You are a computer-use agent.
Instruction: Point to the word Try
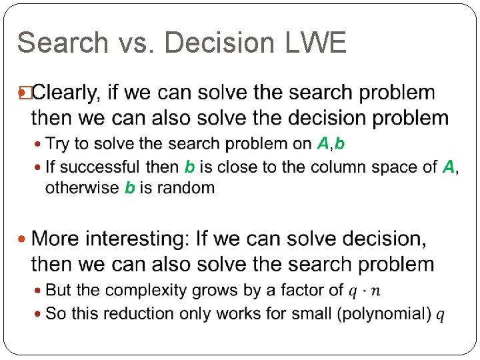(57, 143)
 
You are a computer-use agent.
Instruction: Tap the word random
(186, 187)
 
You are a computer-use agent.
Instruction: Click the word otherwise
(83, 187)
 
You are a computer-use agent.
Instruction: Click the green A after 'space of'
(449, 167)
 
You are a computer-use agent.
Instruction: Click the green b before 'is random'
(131, 187)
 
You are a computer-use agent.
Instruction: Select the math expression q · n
(364, 291)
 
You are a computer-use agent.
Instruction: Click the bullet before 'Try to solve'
(37, 143)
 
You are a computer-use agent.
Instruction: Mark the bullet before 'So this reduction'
(37, 313)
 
